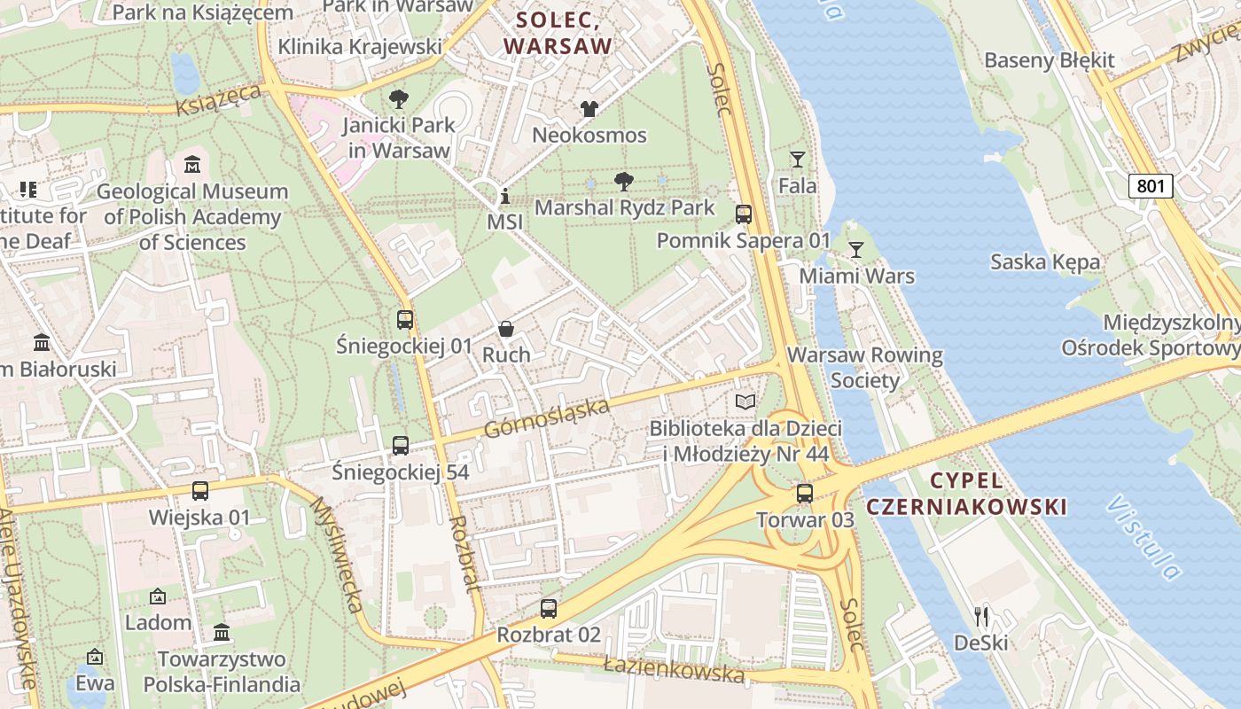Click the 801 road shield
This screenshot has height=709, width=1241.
[1151, 185]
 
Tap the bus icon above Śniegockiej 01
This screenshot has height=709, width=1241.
[405, 320]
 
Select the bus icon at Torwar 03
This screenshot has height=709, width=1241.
[805, 494]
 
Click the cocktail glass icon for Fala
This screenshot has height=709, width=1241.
[798, 160]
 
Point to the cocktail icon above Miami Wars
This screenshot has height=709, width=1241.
[856, 250]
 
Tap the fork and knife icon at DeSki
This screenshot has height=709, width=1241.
[981, 616]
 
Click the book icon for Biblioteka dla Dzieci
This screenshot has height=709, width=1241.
[745, 402]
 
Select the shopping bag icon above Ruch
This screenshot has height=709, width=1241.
[506, 329]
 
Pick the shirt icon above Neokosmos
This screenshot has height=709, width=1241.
[589, 109]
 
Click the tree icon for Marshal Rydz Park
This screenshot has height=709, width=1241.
[624, 182]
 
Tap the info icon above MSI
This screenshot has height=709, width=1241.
[505, 196]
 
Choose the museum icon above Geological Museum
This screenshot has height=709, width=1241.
[192, 165]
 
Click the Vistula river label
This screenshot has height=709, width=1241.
[1143, 537]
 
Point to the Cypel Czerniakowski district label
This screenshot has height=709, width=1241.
[966, 494]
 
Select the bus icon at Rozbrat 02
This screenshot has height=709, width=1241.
[549, 609]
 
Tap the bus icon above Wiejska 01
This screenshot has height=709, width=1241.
[200, 490]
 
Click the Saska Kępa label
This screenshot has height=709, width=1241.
[1045, 261]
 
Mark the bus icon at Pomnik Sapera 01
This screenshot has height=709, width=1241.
[744, 214]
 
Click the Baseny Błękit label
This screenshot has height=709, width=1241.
[1050, 60]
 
